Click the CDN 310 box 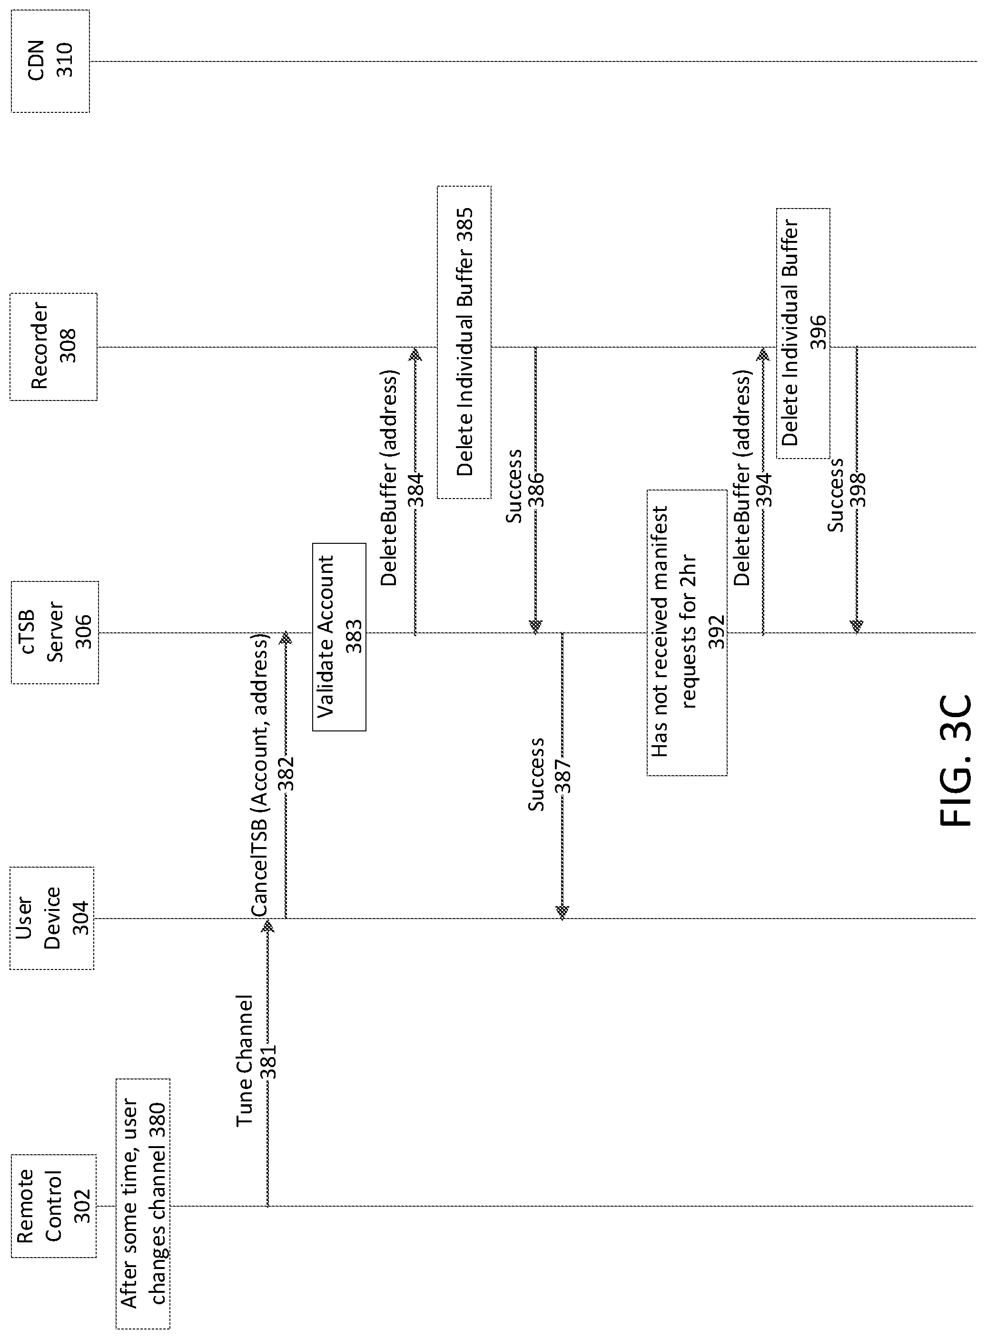click(x=50, y=61)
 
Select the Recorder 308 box click(x=53, y=347)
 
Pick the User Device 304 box click(x=52, y=918)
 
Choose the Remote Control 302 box click(x=53, y=1206)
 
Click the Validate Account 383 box click(x=339, y=637)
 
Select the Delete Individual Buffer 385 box click(x=464, y=342)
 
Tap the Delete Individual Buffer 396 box click(x=803, y=333)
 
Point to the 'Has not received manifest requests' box click(x=687, y=633)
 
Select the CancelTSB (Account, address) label click(x=259, y=783)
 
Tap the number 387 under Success click(x=563, y=776)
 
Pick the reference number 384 click(x=416, y=490)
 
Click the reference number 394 click(x=763, y=490)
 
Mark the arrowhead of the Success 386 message click(x=535, y=627)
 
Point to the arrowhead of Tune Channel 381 click(x=267, y=925)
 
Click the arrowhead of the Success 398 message click(x=857, y=627)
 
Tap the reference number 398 click(x=858, y=490)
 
